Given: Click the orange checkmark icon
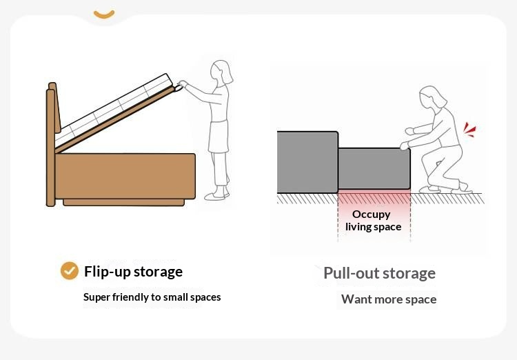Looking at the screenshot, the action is (70, 271).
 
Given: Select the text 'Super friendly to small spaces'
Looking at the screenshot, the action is (152, 297).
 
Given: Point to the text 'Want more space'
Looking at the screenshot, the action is (389, 299).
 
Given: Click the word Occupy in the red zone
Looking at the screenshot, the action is (372, 214).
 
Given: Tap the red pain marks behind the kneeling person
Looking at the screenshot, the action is (469, 130).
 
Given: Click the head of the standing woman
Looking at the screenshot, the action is (221, 72).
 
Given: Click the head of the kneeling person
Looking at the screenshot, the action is (432, 97).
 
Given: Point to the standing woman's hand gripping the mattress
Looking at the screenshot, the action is (179, 86).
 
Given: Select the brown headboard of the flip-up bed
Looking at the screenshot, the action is (53, 144).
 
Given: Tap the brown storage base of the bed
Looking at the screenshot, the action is (125, 176).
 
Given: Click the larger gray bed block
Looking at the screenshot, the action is (307, 162).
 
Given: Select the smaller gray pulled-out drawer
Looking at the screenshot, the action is (374, 168).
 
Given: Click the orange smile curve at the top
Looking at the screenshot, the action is (104, 14).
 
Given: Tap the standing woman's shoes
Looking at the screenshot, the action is (216, 195).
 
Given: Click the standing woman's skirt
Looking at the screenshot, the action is (219, 137).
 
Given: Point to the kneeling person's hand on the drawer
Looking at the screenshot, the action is (405, 146).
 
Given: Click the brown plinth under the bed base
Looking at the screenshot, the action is (123, 202).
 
